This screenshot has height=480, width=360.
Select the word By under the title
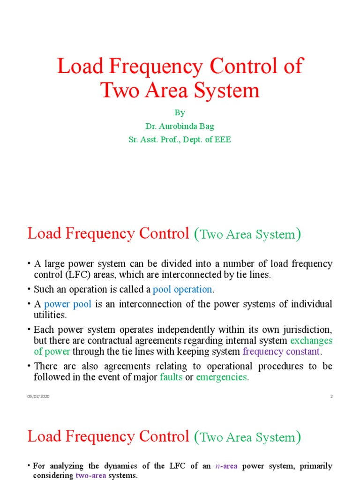coord(180,112)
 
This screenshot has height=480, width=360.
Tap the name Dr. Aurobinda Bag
coord(180,126)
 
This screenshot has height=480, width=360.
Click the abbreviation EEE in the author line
coord(221,140)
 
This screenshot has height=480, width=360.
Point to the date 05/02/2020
coord(38,397)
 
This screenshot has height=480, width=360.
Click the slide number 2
coord(331,397)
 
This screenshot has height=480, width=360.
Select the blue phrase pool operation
coord(183,290)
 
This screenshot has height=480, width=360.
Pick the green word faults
coord(171,377)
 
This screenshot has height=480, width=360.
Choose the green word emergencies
coord(221,377)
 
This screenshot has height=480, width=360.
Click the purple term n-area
coord(226,466)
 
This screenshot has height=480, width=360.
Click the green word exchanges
coord(311,341)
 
